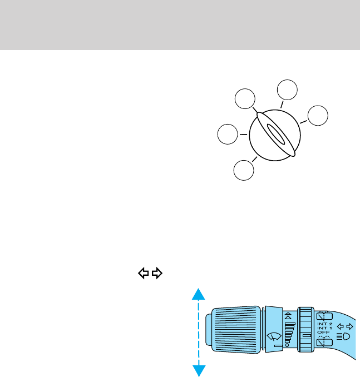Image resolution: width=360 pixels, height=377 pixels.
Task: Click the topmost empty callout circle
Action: coord(288,91)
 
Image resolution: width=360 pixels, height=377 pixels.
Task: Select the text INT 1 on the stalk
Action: coord(324,328)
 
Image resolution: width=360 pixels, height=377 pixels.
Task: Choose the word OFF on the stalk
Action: coord(323,333)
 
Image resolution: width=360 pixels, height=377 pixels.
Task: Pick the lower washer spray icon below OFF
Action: coord(323,343)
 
